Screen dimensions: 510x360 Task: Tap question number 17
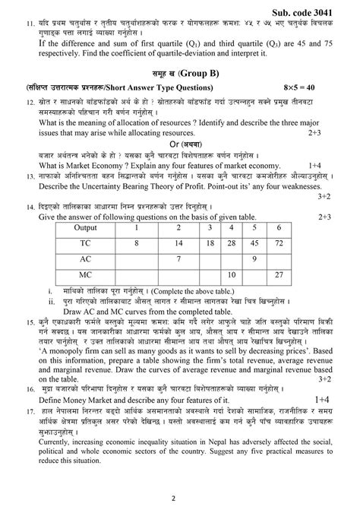click(29, 431)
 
